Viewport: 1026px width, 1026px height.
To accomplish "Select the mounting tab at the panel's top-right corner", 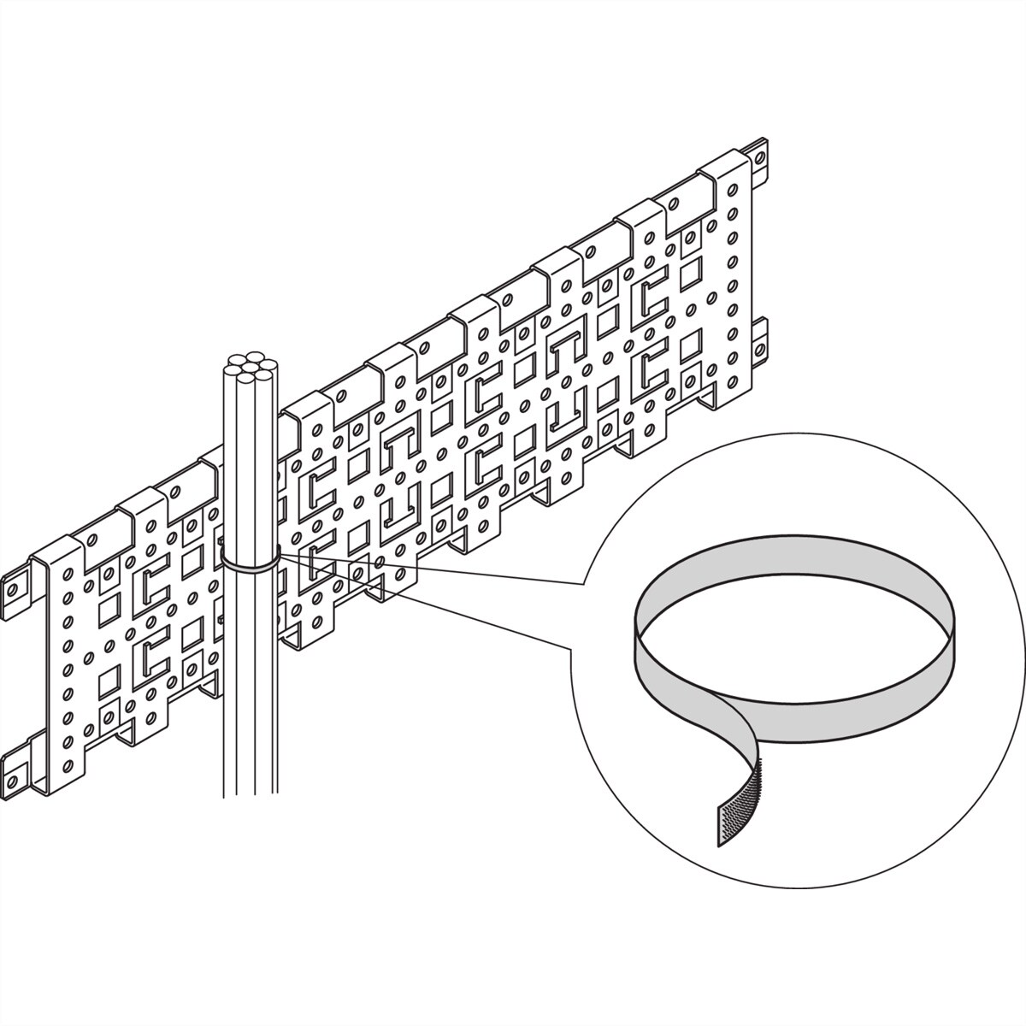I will pos(757,156).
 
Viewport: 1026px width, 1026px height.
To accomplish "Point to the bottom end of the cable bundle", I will pos(249,791).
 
